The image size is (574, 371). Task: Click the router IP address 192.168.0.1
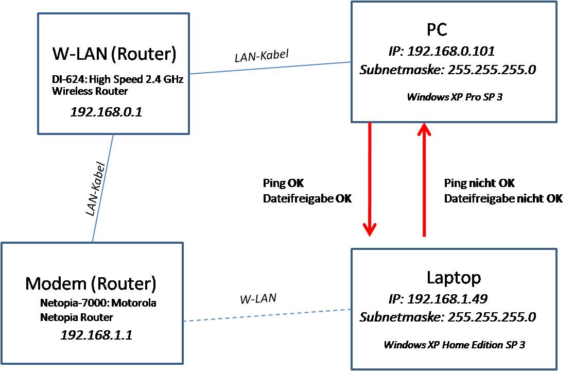tap(106, 111)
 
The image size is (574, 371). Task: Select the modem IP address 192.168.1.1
tap(96, 335)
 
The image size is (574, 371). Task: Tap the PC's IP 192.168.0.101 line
tap(441, 51)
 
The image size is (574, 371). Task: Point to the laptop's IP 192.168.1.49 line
tap(438, 299)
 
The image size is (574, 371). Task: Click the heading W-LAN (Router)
tap(114, 54)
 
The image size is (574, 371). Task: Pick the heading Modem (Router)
tap(90, 283)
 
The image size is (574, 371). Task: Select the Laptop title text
tap(454, 277)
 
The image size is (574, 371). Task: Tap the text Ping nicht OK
tap(479, 183)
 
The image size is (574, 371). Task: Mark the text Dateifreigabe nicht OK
tap(503, 198)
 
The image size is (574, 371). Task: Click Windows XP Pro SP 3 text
tap(454, 96)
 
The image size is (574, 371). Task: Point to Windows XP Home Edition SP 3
tap(454, 344)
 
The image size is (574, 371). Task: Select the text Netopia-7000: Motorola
tap(98, 303)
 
